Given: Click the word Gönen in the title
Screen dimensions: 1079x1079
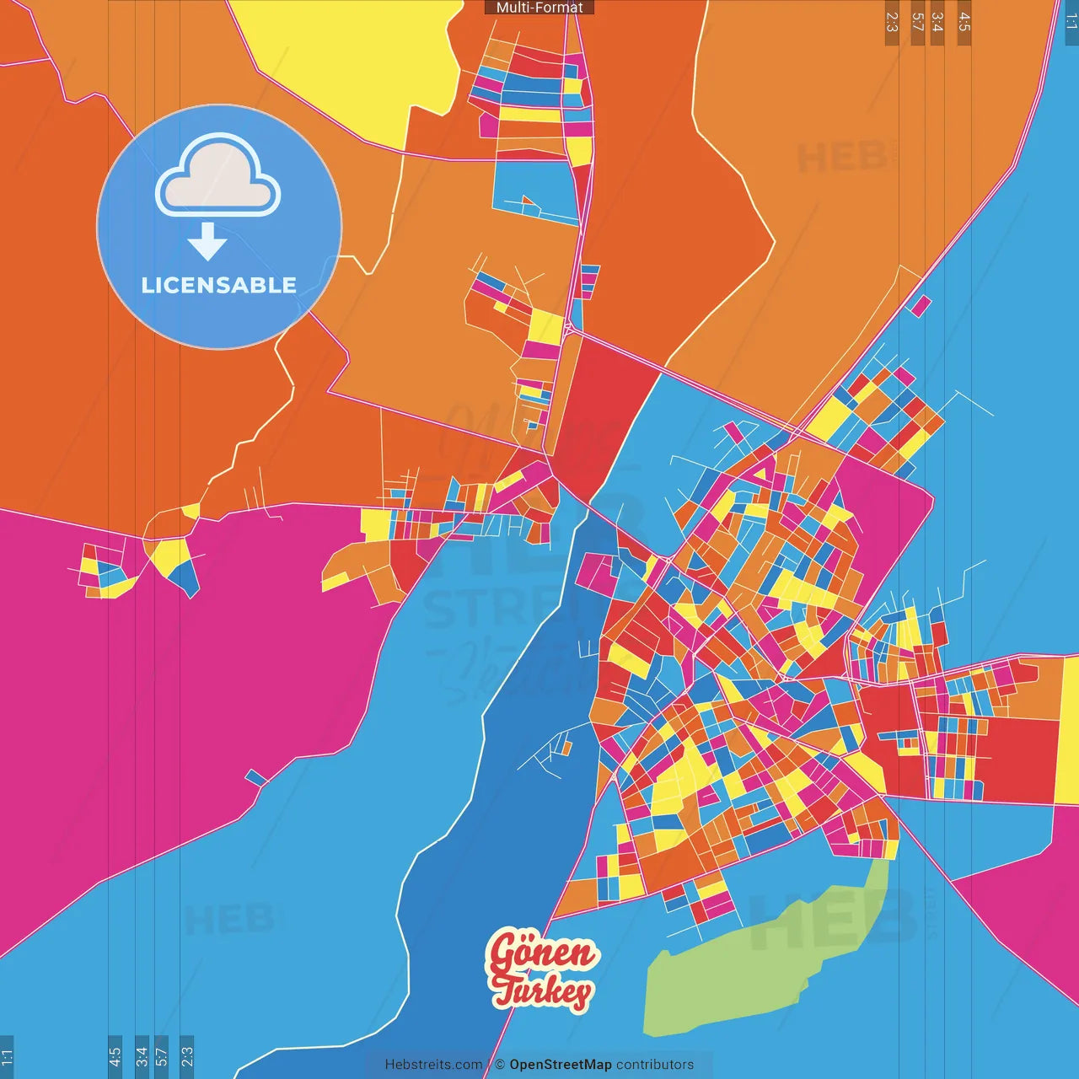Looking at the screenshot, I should click(541, 954).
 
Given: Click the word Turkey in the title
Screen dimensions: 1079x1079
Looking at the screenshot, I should click(543, 991).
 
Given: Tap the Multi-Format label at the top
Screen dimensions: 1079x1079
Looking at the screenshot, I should click(539, 8).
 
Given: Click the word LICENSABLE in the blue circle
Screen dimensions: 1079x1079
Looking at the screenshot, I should click(219, 285).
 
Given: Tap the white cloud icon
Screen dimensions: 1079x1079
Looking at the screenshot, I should click(218, 177).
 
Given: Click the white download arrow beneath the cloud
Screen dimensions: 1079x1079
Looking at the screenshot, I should click(207, 241).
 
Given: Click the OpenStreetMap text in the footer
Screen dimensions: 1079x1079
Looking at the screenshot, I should click(560, 1065).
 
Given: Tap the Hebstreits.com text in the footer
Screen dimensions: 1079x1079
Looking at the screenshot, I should click(433, 1065).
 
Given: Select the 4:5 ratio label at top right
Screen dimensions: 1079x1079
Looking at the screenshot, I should click(964, 22).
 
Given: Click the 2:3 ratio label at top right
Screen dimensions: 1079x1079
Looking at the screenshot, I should click(892, 22).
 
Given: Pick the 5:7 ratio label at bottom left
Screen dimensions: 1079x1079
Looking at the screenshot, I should click(161, 1055).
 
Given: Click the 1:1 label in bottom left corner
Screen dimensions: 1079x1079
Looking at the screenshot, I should click(7, 1055).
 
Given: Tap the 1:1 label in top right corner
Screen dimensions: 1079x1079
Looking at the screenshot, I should click(1071, 22).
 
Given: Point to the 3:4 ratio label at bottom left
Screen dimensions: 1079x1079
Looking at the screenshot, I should click(142, 1055).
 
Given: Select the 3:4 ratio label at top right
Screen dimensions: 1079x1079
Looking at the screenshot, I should click(937, 22).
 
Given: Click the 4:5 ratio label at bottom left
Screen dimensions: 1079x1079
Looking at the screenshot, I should click(115, 1055).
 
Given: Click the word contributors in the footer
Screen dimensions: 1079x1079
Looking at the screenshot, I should click(655, 1065).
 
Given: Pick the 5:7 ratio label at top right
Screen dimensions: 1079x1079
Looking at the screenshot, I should click(917, 22).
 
